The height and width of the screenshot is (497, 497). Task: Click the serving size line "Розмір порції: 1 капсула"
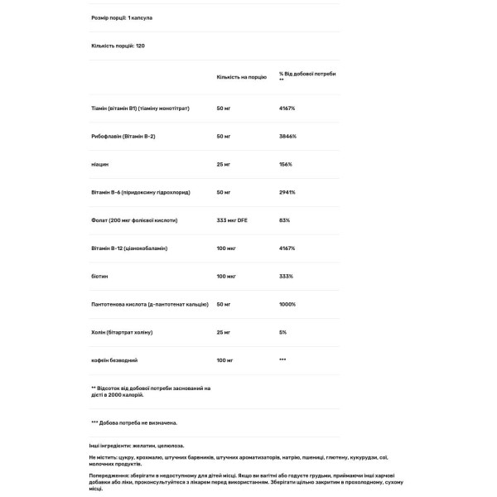(x=121, y=17)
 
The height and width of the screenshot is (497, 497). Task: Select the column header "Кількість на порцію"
(x=241, y=76)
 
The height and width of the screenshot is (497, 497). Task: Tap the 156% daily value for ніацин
(x=286, y=164)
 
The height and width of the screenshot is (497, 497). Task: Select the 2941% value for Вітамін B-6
(x=287, y=192)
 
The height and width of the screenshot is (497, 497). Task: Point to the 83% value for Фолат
(x=285, y=220)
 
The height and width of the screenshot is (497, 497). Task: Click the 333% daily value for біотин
(x=287, y=276)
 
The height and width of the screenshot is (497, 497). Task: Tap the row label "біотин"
(x=99, y=276)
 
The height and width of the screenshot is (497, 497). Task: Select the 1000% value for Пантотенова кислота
(x=287, y=304)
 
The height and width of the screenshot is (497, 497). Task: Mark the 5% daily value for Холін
(x=283, y=332)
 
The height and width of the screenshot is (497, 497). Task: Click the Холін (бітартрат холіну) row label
(x=122, y=332)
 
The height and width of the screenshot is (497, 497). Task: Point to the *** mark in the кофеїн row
(x=283, y=360)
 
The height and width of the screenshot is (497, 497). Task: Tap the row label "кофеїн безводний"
(x=114, y=360)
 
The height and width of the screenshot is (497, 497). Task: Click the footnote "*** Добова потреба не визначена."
(x=133, y=422)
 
